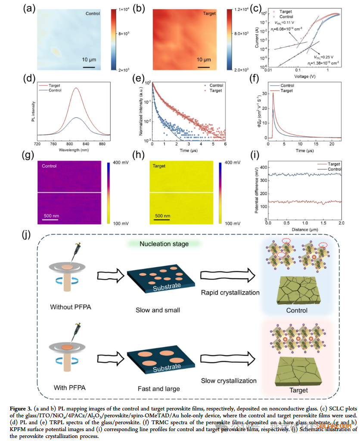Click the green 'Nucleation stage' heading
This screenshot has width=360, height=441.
[x=164, y=244]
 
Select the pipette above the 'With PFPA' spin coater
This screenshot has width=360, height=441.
[x=78, y=331]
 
